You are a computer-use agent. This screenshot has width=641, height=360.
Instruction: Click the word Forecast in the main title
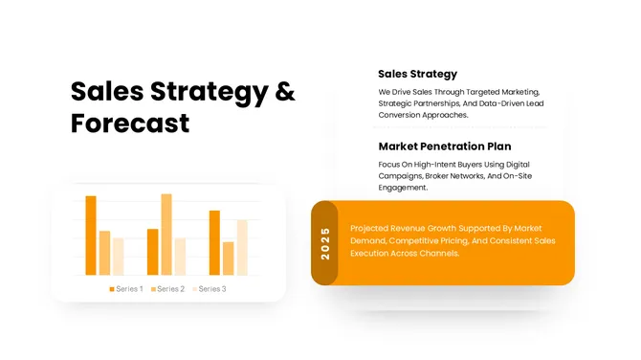point(130,124)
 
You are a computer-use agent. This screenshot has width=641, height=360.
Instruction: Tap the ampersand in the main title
point(285,92)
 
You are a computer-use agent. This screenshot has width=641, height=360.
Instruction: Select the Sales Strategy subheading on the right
point(417,74)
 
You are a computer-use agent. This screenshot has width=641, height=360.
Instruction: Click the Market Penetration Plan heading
point(444,146)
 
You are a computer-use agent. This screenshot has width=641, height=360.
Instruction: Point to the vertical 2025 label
point(325,243)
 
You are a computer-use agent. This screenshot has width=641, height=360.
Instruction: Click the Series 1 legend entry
point(126,288)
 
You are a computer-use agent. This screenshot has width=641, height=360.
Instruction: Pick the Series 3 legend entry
point(210,288)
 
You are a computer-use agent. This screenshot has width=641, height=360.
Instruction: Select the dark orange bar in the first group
point(91,236)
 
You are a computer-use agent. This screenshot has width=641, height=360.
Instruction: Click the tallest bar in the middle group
point(166,235)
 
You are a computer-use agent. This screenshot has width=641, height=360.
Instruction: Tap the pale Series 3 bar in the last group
point(242,247)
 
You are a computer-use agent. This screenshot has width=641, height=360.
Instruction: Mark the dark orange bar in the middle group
point(153,252)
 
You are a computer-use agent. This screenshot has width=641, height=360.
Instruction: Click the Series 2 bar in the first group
point(104,253)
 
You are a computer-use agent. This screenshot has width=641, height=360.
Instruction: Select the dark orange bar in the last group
point(214,242)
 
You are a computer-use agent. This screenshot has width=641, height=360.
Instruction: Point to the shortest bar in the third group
point(228,258)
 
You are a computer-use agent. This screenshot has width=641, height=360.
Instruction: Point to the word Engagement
point(403,188)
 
